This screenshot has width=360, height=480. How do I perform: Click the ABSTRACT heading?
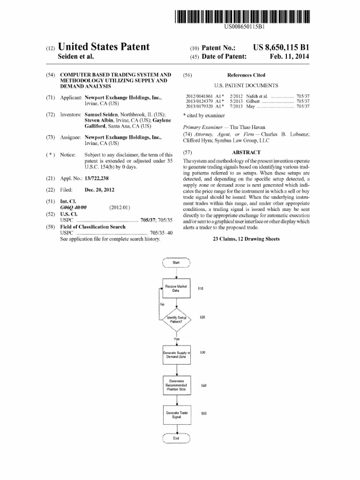246,152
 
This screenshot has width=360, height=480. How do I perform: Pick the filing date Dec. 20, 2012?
99,190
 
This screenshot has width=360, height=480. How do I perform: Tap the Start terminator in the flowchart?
176,262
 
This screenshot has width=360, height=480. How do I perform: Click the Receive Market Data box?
176,288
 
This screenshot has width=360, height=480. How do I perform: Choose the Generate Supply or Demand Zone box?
176,354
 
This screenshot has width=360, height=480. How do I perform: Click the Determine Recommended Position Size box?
176,385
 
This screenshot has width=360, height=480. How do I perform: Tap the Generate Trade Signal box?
176,414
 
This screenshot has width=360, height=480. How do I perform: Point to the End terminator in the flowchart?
176,438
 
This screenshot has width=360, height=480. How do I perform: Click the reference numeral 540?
204,385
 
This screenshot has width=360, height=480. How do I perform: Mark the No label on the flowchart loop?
162,304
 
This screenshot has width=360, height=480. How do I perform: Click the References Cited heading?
246,75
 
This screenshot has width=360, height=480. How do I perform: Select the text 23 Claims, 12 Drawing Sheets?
246,239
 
